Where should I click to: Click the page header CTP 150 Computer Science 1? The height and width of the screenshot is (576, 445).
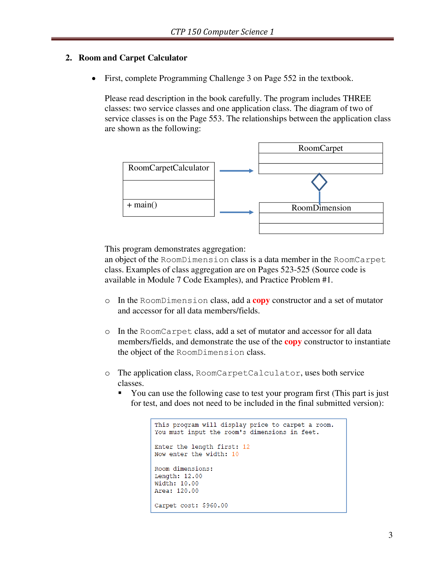tap(222, 32)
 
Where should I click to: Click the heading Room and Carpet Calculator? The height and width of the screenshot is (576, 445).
tap(133, 58)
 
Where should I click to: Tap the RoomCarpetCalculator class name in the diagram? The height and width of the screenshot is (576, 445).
tap(169, 168)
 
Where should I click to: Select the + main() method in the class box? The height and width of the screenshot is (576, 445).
tap(142, 205)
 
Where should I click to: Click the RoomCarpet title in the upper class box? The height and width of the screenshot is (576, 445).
tap(320, 148)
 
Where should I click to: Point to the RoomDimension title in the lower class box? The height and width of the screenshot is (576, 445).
tap(321, 208)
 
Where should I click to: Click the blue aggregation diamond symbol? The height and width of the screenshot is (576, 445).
tap(319, 182)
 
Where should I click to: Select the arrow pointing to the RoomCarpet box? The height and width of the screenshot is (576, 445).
tap(236, 171)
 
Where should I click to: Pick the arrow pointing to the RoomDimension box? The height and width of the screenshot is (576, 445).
tap(236, 212)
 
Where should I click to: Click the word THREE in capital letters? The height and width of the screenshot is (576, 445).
tap(357, 98)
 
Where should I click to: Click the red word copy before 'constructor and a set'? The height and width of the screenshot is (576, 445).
tap(261, 300)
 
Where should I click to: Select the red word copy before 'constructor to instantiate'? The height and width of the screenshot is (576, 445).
tap(293, 342)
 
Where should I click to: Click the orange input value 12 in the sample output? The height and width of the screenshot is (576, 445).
tap(246, 447)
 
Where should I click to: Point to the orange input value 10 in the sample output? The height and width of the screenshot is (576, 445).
tap(235, 454)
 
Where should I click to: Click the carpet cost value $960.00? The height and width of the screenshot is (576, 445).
tap(215, 506)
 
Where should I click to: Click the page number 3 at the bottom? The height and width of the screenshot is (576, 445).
tap(390, 535)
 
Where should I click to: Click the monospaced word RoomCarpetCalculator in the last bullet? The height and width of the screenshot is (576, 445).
tap(248, 373)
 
